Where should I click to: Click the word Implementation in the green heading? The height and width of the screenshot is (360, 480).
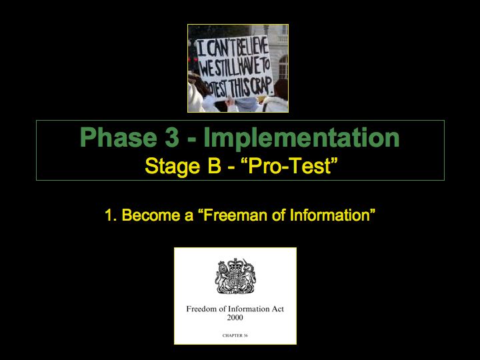[301, 138]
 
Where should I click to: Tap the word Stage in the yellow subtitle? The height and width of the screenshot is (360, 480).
[173, 166]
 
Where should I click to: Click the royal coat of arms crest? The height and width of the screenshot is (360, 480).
[235, 276]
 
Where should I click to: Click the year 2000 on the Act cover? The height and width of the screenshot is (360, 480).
[235, 317]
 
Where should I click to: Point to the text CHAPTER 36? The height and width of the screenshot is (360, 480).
[235, 335]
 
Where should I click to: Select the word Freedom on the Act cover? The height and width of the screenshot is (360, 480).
[202, 309]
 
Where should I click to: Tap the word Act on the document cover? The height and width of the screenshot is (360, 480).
[277, 309]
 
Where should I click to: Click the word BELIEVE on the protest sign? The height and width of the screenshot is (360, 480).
[253, 47]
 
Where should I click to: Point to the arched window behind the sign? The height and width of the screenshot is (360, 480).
[283, 67]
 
